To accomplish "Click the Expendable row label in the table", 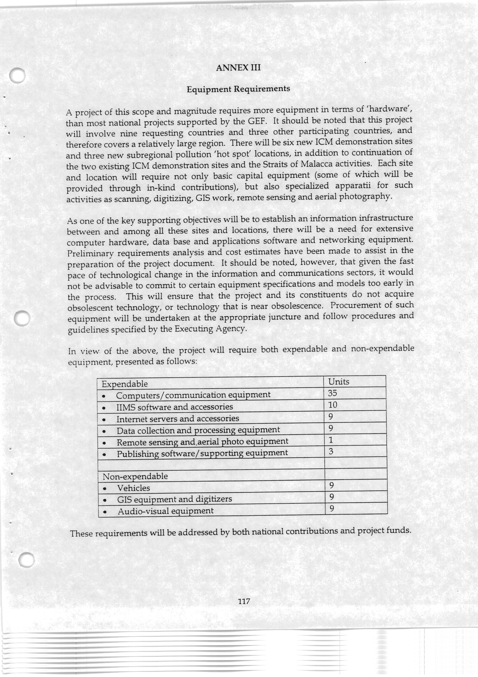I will [125, 384].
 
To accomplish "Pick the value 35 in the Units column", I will [332, 393].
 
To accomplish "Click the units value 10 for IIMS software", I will [333, 405].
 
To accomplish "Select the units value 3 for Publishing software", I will [331, 451].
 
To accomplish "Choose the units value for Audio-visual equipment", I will [332, 508].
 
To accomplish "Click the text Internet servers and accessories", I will [178, 419].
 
